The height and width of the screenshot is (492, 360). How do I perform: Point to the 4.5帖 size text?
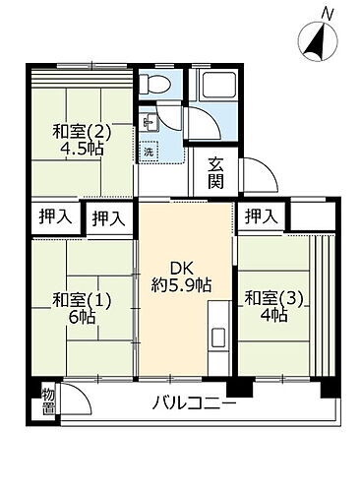click(x=80, y=151)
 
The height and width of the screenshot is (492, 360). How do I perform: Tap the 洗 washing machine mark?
click(x=148, y=152)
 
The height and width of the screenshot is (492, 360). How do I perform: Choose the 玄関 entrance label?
click(x=214, y=175)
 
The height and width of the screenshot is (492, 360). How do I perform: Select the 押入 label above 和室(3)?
click(x=260, y=215)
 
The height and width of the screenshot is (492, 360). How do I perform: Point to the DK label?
click(x=186, y=268)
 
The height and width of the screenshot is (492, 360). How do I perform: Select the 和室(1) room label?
click(x=76, y=298)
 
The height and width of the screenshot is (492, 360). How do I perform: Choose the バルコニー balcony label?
click(x=194, y=404)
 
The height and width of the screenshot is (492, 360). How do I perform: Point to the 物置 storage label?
click(x=47, y=401)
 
